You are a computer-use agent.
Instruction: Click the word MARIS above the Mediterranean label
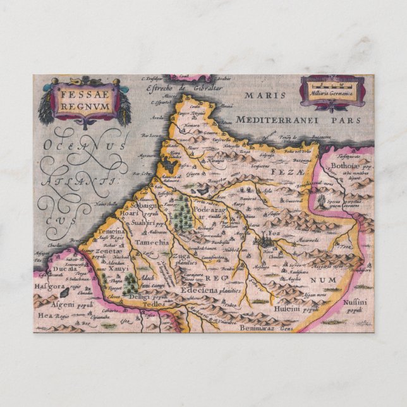click(262, 95)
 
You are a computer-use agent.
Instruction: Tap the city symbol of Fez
click(264, 240)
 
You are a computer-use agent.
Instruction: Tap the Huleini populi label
click(294, 309)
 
